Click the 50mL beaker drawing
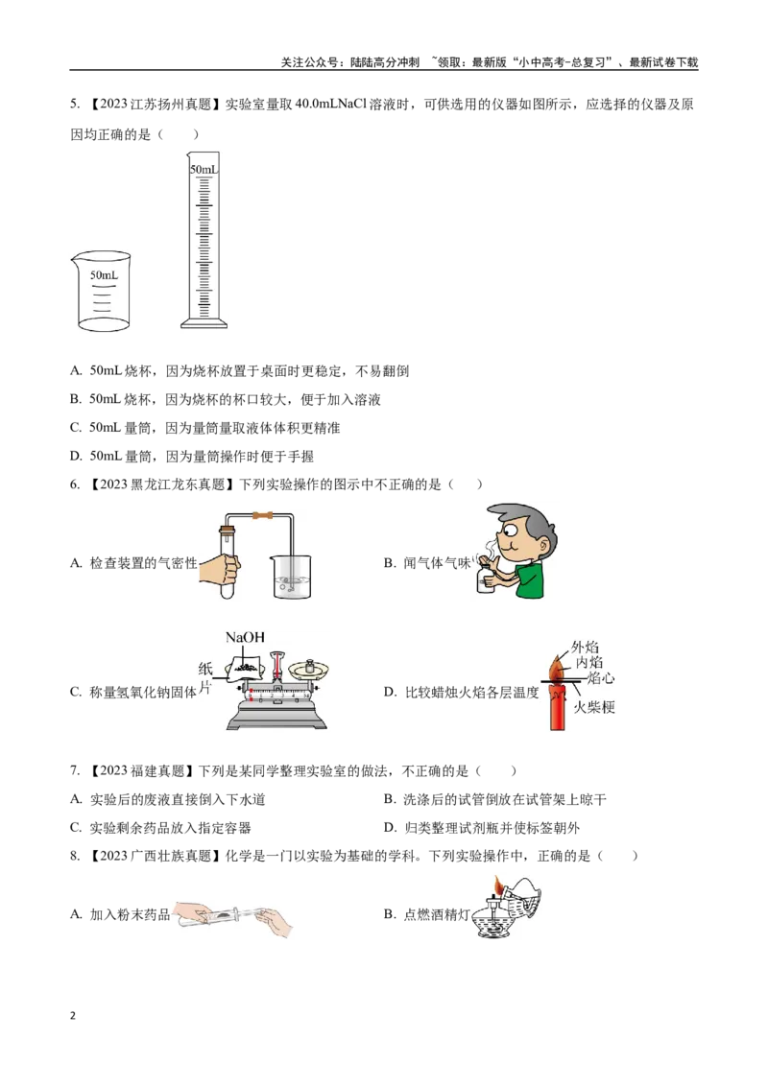(101, 291)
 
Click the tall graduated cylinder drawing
(204, 240)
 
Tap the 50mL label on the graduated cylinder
(204, 169)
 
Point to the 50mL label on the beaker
(104, 275)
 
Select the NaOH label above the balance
(245, 637)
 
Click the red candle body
(558, 705)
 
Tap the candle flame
(559, 668)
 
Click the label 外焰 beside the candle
(585, 648)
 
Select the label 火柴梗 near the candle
(594, 707)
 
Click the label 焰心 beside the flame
(600, 678)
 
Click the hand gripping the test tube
(221, 570)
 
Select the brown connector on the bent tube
(262, 515)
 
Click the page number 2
(73, 1016)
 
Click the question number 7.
(75, 771)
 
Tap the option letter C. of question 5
(76, 428)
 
